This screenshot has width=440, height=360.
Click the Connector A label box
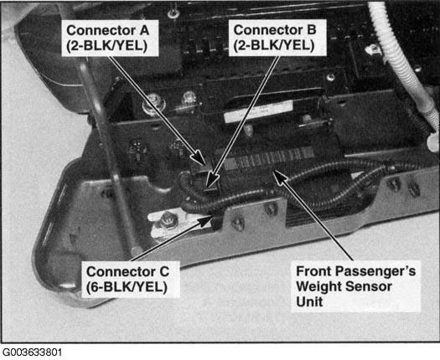(x=110, y=39)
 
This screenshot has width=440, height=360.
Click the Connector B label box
(x=277, y=38)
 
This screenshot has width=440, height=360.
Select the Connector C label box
(x=131, y=280)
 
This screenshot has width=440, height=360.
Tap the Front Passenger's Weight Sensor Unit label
(x=356, y=286)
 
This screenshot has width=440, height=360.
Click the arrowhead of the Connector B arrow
(x=212, y=180)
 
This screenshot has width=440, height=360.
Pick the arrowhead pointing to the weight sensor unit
(x=279, y=177)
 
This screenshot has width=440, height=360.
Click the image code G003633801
(x=32, y=352)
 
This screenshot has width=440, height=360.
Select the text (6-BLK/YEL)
(x=127, y=287)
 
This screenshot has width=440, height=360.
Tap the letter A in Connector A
(x=144, y=30)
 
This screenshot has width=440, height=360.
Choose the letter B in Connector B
(x=312, y=30)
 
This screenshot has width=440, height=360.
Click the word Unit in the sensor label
(x=309, y=301)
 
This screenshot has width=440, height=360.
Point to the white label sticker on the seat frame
(x=258, y=111)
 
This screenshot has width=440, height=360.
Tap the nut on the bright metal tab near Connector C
(x=167, y=219)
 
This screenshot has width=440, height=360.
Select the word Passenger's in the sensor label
(x=375, y=271)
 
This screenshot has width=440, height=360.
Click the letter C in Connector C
(x=163, y=272)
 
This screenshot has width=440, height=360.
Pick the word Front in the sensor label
(x=314, y=271)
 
